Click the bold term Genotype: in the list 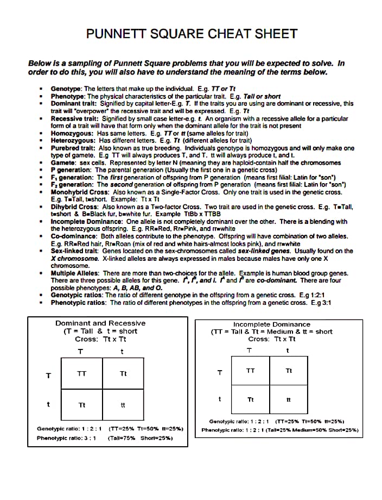pos(66,89)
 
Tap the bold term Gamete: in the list pos(63,162)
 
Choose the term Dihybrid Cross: pos(75,207)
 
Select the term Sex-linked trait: pos(75,251)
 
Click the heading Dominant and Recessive pos(100,323)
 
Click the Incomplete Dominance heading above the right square pos(272,324)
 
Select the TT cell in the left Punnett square pos(82,374)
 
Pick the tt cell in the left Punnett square pos(123,405)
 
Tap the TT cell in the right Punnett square pos(250,371)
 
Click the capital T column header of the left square pos(80,351)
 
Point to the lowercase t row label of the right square pos(220,399)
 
